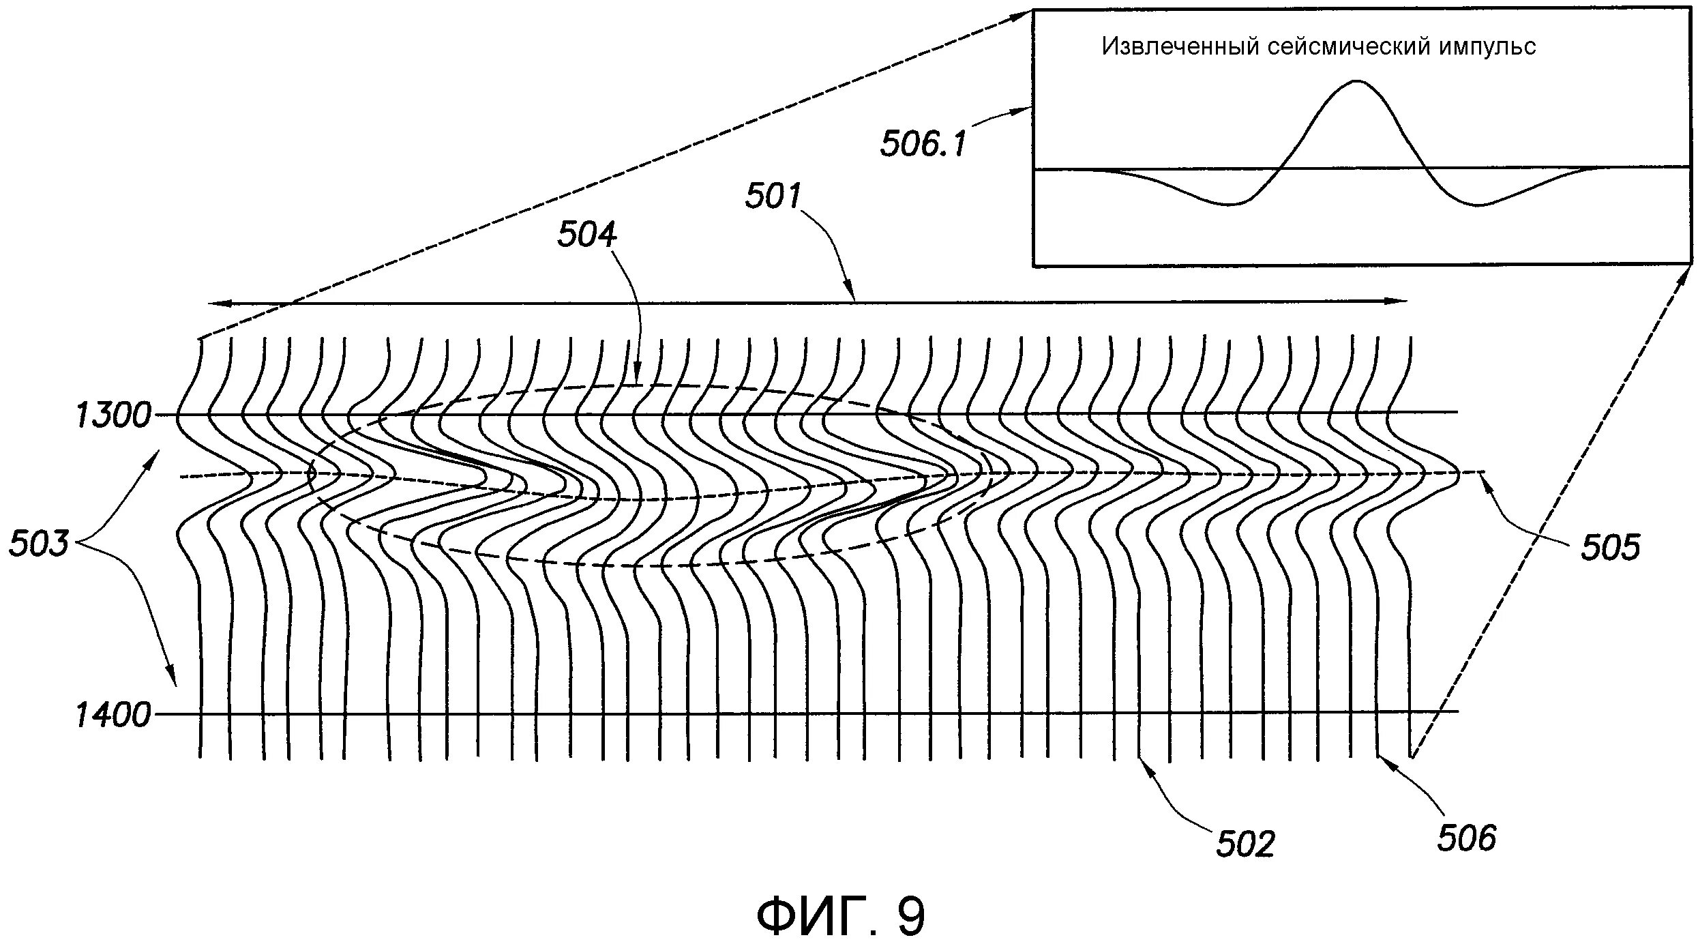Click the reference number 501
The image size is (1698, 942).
(773, 196)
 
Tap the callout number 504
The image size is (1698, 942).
(587, 235)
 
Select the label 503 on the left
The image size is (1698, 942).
(39, 544)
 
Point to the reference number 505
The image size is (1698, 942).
(1610, 548)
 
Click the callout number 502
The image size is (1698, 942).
(1245, 844)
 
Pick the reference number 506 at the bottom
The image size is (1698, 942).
(1466, 838)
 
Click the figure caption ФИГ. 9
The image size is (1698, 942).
(841, 917)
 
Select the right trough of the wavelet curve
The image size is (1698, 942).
(1478, 205)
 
